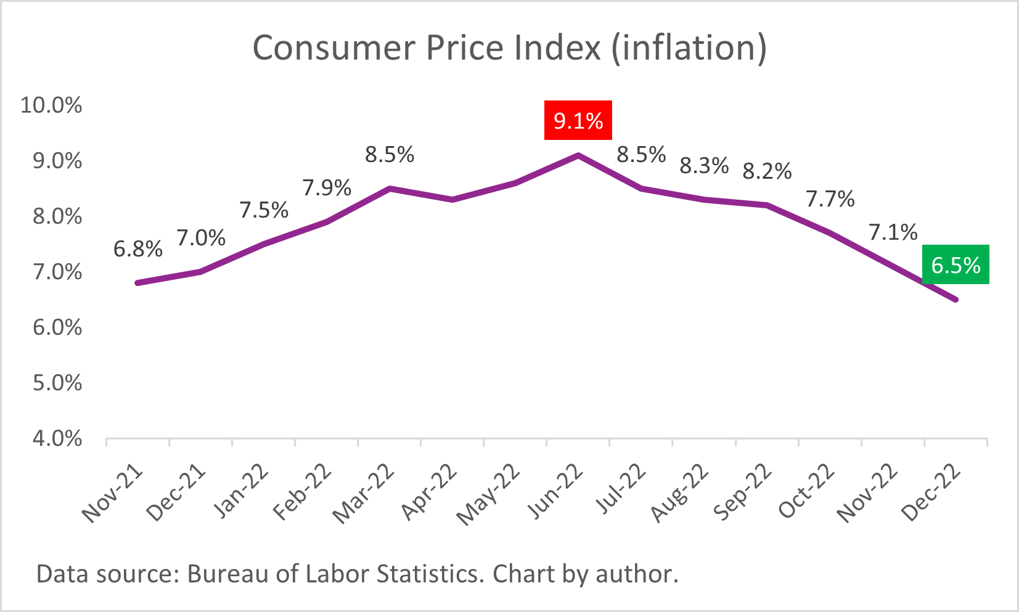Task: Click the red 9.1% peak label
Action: point(578,120)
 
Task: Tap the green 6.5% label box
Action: point(956,265)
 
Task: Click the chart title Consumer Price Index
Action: point(509,48)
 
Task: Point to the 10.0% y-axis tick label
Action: point(51,105)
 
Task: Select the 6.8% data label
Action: point(138,249)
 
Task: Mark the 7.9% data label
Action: point(327,187)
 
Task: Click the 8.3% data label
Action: point(704,165)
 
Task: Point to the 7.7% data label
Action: point(830,199)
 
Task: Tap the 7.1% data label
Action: point(893,232)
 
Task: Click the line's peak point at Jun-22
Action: point(578,155)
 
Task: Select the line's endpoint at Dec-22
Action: point(956,300)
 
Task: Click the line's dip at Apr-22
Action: point(452,200)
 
